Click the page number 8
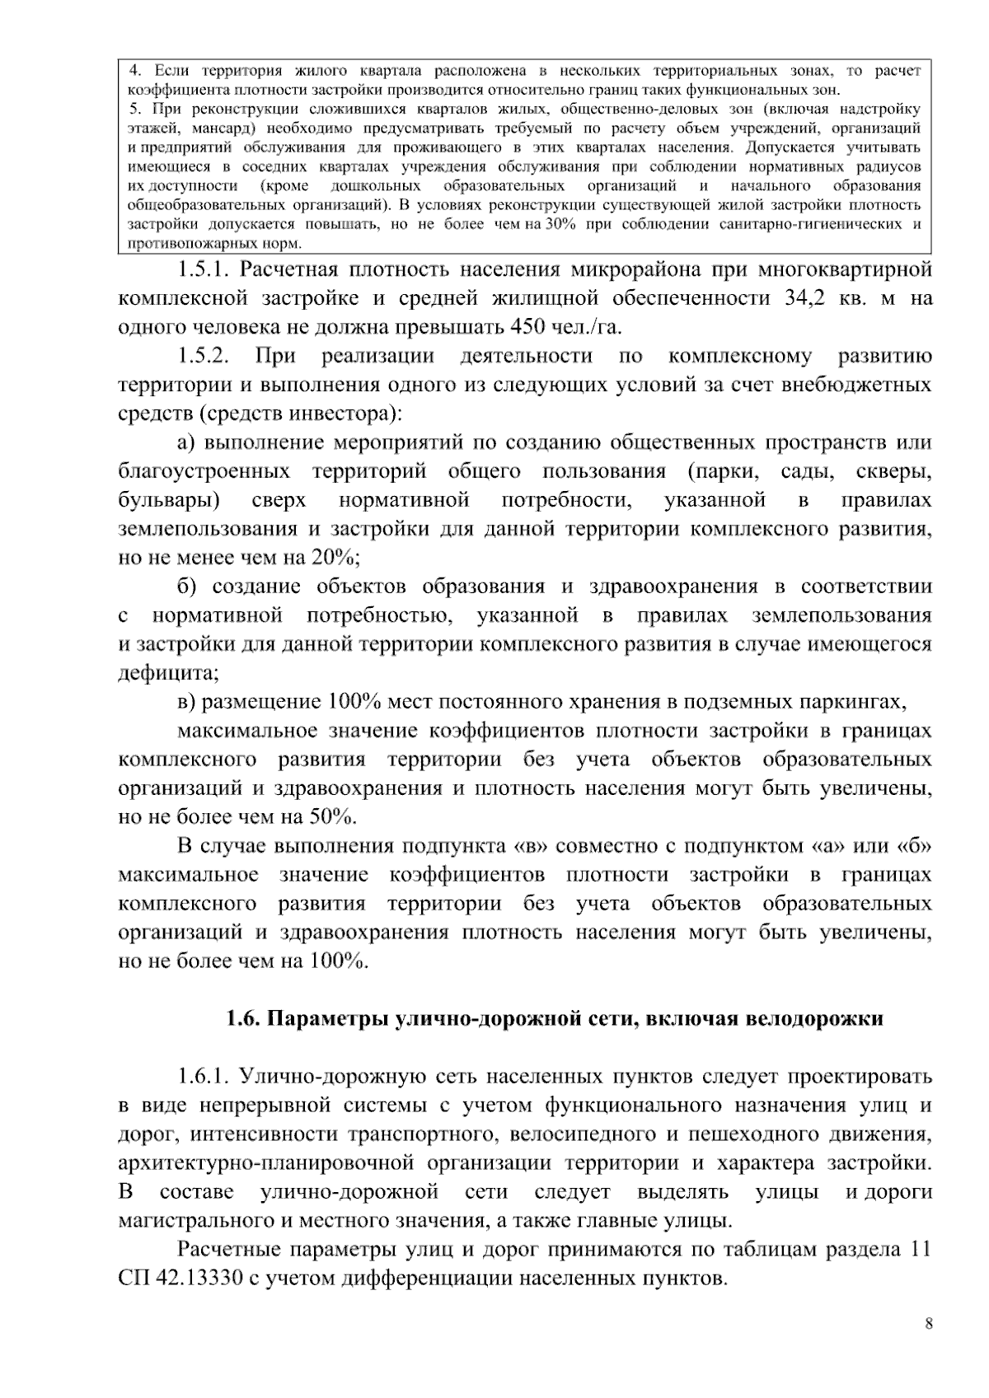coord(930,1324)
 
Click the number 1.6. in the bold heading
coord(243,1019)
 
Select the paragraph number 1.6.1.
coord(203,1077)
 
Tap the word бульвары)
coord(168,500)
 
